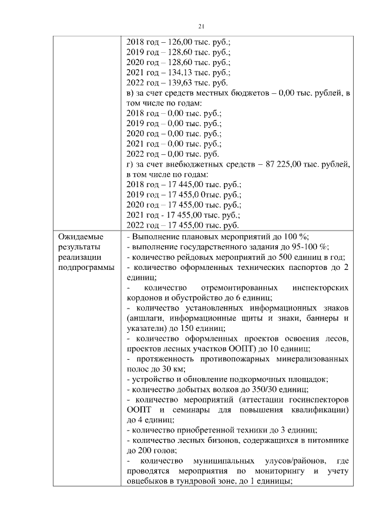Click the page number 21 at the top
click(200, 26)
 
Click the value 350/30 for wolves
click(255, 390)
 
